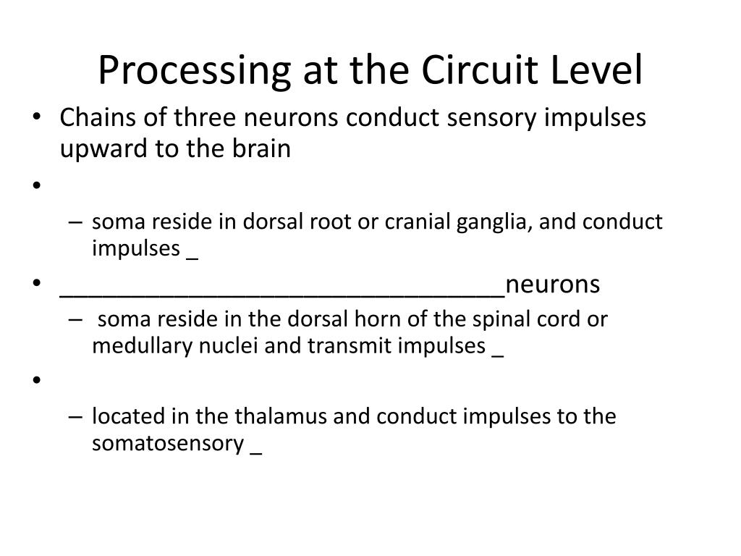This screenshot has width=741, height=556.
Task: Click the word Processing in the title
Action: pyautogui.click(x=184, y=71)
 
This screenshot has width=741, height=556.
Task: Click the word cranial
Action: pyautogui.click(x=418, y=222)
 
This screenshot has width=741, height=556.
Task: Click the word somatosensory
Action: pyautogui.click(x=167, y=443)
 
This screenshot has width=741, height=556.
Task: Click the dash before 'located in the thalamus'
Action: pyautogui.click(x=79, y=417)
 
